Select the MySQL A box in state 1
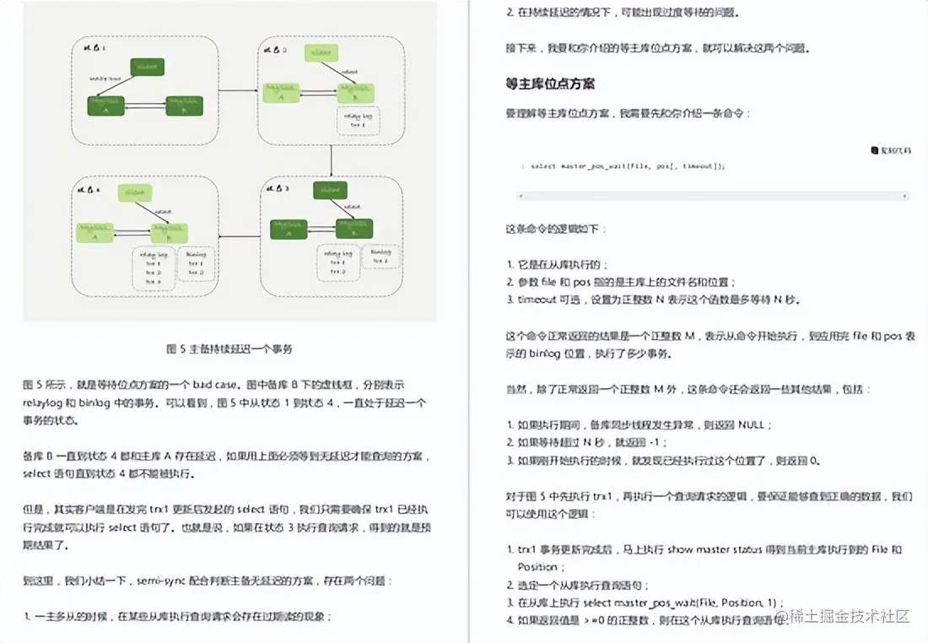pyautogui.click(x=106, y=105)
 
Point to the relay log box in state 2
pyautogui.click(x=358, y=120)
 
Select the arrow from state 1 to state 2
pyautogui.click(x=238, y=89)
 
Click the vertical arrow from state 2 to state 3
pyautogui.click(x=332, y=160)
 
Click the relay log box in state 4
pyautogui.click(x=153, y=267)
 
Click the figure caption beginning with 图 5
pyautogui.click(x=229, y=349)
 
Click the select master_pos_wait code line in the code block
pyautogui.click(x=628, y=166)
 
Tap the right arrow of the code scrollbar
pyautogui.click(x=906, y=196)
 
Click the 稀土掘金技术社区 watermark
pyautogui.click(x=849, y=617)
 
